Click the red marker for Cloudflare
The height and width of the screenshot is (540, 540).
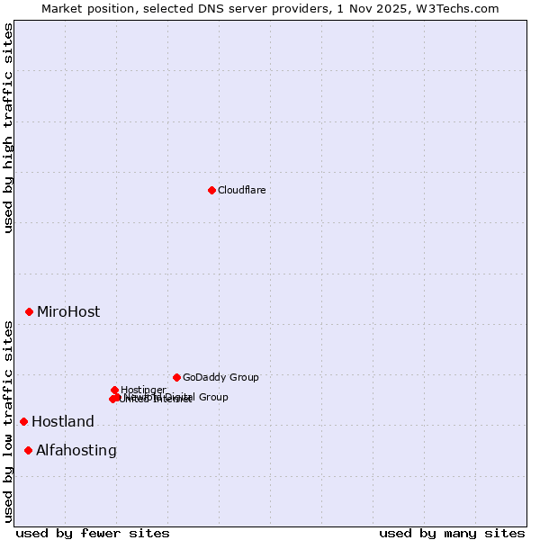tap(211, 190)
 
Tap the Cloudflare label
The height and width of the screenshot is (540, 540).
tap(242, 190)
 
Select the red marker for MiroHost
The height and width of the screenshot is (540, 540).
tap(29, 311)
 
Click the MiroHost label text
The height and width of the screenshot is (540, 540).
tap(68, 312)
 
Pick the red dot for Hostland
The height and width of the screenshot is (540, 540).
tap(23, 421)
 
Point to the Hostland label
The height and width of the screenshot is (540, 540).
tap(63, 422)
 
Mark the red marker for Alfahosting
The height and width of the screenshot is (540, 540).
tap(28, 450)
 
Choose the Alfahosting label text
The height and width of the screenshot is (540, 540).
tap(76, 451)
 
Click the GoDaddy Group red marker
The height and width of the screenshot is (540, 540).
tap(176, 377)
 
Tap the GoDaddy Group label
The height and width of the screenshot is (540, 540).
tap(220, 377)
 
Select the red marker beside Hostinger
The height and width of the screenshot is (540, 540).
tap(114, 390)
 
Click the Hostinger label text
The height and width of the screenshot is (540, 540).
tap(144, 390)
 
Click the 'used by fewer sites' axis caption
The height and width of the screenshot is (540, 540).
tap(93, 533)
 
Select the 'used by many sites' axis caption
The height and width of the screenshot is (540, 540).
tap(452, 533)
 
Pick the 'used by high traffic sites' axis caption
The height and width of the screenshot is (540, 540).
tap(8, 128)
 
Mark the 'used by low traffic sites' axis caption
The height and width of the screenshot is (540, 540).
tap(8, 421)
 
